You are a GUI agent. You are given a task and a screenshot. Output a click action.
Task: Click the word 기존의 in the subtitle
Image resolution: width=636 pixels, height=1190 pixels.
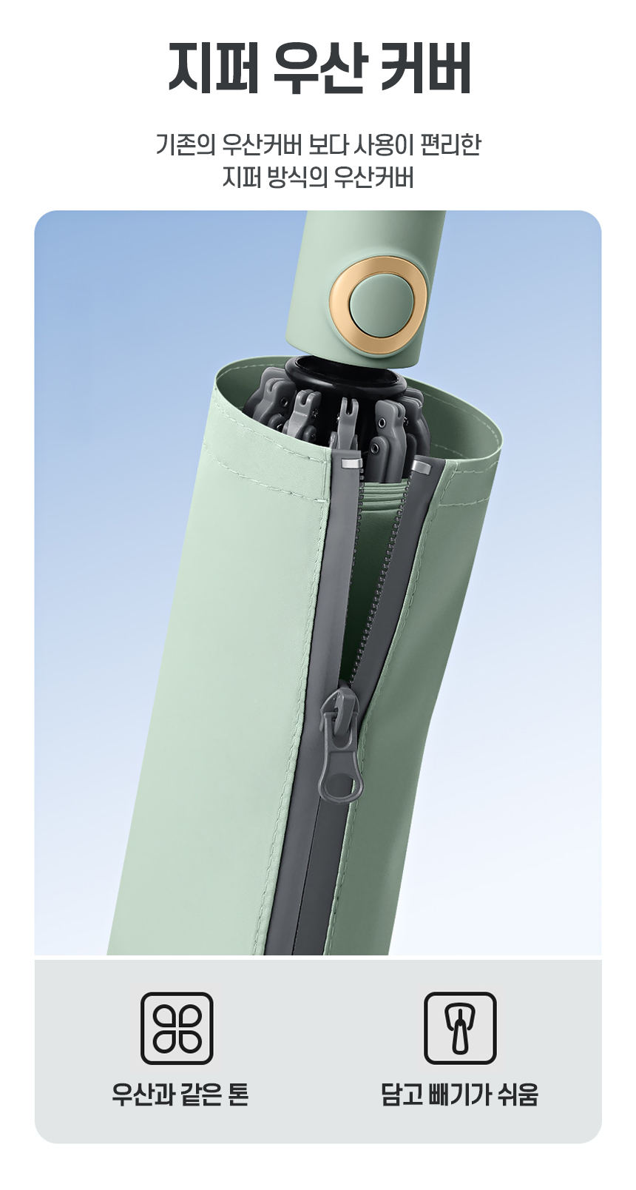tap(186, 146)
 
